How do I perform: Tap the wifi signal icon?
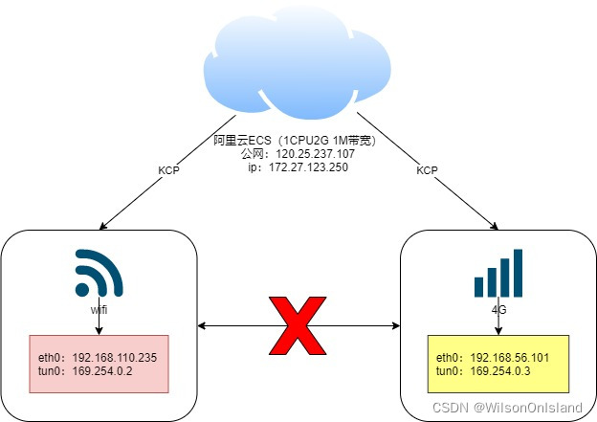pos(99,276)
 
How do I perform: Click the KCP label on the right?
pos(427,171)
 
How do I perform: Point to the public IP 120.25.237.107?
pos(315,153)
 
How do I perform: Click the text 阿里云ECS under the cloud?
pos(243,141)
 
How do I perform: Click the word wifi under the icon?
pos(99,310)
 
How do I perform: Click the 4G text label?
pos(497,310)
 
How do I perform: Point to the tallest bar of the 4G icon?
pos(518,273)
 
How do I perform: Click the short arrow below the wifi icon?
pos(99,324)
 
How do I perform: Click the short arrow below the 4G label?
pos(497,325)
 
